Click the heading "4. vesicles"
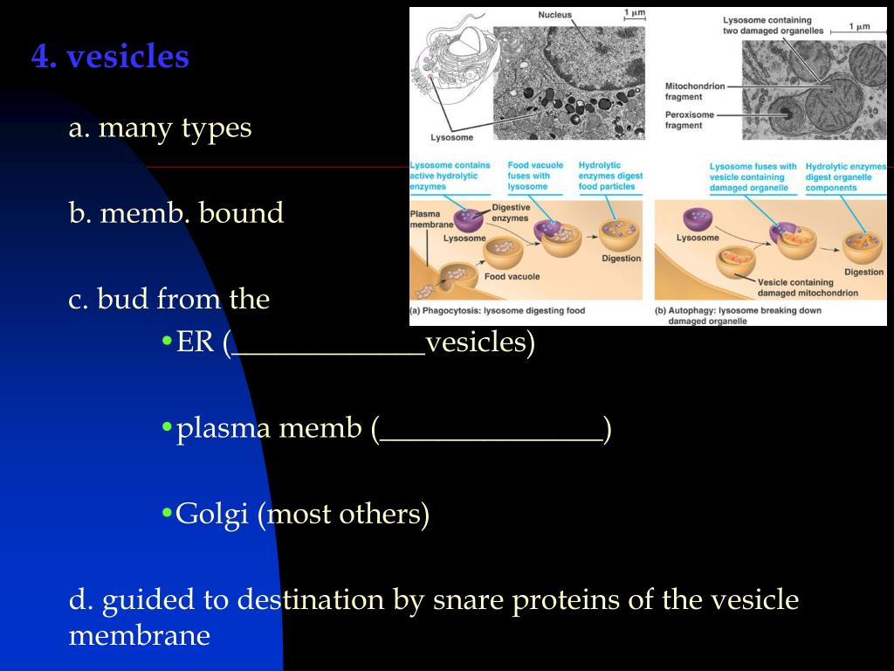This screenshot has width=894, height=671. click(x=110, y=57)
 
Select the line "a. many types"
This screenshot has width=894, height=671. click(x=160, y=128)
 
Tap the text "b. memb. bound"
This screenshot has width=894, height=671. click(x=176, y=213)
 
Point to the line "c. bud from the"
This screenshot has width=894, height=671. click(x=169, y=300)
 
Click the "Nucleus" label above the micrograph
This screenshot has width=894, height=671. click(x=554, y=15)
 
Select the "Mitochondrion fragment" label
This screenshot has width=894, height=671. click(x=695, y=92)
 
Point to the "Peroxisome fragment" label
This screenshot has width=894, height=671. click(x=690, y=120)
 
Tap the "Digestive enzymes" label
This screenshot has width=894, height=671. click(x=511, y=212)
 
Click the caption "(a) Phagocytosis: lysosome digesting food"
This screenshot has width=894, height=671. click(x=498, y=310)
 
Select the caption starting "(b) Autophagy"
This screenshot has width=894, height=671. click(x=731, y=315)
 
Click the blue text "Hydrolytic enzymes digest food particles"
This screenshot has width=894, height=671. click(x=610, y=176)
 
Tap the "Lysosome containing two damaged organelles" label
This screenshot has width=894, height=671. click(x=767, y=25)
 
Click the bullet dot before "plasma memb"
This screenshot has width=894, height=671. click(x=166, y=429)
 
